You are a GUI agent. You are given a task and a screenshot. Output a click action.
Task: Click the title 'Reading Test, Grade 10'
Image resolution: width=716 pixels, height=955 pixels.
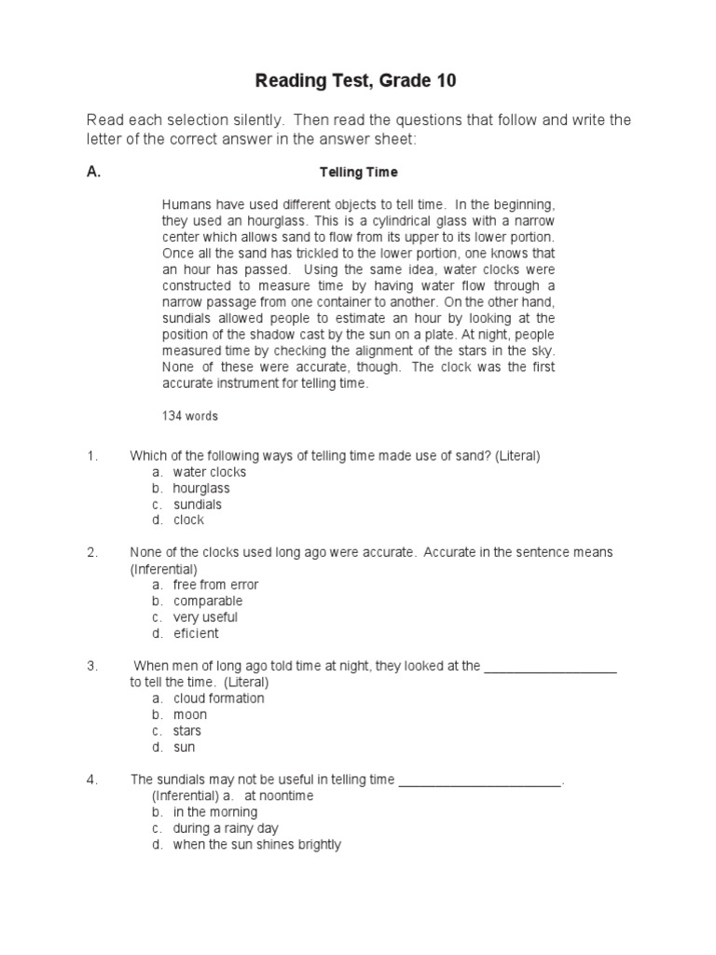coord(356,82)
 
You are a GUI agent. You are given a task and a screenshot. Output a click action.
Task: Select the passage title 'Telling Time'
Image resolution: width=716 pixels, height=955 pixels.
coord(358,173)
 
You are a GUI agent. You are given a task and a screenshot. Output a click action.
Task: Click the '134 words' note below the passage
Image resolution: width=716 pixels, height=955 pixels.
coord(190,416)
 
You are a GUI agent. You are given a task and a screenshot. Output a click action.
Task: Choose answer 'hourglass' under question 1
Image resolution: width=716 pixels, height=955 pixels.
coord(200,488)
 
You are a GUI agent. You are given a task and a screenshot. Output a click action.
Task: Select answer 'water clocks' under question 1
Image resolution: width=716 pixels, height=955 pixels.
coord(209,472)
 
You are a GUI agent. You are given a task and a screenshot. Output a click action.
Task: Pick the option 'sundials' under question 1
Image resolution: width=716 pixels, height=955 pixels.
coord(197,505)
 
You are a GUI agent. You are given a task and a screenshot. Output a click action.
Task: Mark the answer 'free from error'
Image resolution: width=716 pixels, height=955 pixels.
coord(215,585)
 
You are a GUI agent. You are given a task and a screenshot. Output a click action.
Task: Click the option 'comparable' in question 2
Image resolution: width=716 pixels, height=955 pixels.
coord(207,601)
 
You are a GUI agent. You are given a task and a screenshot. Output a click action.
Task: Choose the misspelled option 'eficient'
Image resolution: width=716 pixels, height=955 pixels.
coord(196,633)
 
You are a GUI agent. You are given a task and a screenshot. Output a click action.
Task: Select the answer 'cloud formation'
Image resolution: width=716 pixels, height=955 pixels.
coord(218,699)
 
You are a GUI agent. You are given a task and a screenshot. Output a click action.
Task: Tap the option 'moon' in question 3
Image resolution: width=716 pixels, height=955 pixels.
coord(190,714)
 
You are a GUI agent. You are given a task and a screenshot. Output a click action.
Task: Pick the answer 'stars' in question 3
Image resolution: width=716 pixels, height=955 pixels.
coord(186,731)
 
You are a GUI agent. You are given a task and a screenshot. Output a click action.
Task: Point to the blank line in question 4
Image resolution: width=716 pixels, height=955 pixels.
coord(481,782)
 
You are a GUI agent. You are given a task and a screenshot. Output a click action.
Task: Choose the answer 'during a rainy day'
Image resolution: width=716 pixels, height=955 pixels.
coord(226,828)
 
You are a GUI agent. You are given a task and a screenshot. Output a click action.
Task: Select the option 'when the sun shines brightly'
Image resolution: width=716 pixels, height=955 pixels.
coord(256,845)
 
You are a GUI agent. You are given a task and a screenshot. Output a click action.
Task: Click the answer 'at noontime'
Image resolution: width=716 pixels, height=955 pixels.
coord(279,796)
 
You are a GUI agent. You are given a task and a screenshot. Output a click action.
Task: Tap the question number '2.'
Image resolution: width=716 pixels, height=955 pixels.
coord(92,552)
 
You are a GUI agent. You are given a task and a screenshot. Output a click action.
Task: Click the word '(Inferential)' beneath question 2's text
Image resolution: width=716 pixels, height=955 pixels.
coord(163,568)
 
